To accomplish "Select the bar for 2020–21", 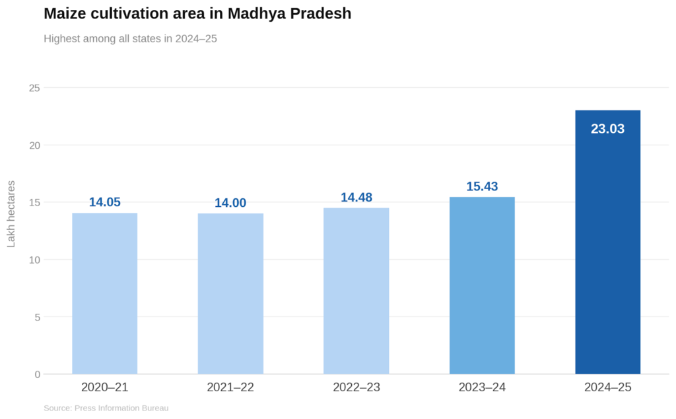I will (104, 293).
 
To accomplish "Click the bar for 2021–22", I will (230, 293).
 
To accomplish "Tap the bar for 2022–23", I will (356, 291).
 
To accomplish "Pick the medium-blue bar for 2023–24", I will (482, 286).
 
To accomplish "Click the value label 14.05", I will (104, 202).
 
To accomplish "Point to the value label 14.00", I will (230, 203).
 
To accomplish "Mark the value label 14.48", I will (356, 198).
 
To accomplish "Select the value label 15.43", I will (482, 186).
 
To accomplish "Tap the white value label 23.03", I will (607, 129).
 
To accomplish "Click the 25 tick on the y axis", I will (34, 88).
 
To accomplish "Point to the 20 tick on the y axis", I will (34, 145).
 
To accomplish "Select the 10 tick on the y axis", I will (34, 260).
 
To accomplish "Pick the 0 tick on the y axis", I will (37, 374).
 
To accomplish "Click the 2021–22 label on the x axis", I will (230, 387).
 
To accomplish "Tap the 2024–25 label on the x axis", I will (607, 387).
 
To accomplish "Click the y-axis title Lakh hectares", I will (11, 213).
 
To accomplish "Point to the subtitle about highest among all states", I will (130, 38).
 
